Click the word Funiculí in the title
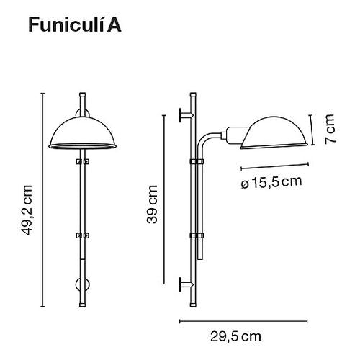point(68,26)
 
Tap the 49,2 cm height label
point(28,210)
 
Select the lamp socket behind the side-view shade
point(234,133)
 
